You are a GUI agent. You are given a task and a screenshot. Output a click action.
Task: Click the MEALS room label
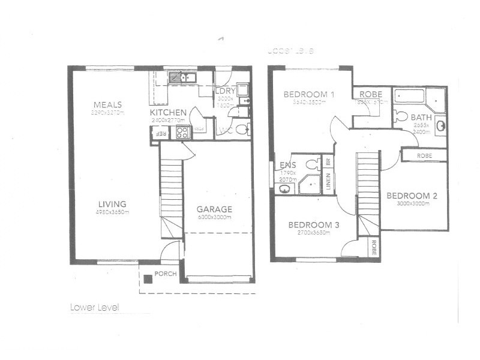click(107, 104)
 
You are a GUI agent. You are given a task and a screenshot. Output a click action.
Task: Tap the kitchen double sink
click(180, 77)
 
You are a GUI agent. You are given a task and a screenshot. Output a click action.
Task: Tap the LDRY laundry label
click(226, 92)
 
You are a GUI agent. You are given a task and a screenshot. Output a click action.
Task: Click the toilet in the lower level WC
click(241, 129)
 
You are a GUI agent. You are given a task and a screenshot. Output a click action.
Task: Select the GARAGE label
click(215, 209)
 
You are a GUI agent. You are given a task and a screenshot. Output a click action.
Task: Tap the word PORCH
click(164, 274)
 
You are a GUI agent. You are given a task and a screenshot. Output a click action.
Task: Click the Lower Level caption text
click(95, 307)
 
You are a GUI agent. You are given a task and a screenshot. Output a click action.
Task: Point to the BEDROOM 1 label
click(308, 94)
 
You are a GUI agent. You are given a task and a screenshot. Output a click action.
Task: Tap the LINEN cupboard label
click(328, 182)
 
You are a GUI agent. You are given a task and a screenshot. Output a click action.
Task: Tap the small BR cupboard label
click(328, 162)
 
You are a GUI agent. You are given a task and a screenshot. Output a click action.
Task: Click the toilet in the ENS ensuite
click(312, 164)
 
